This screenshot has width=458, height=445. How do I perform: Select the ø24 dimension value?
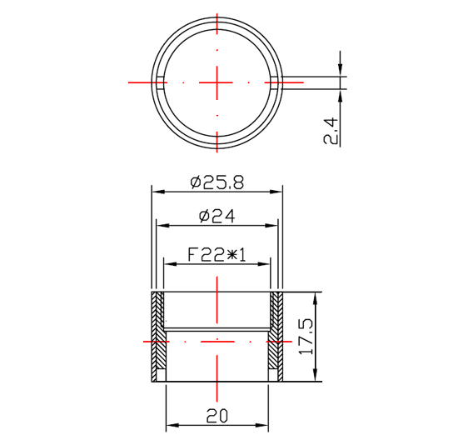click(217, 216)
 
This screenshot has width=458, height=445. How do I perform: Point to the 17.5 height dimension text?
click(306, 337)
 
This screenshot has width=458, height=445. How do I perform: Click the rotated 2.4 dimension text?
click(331, 131)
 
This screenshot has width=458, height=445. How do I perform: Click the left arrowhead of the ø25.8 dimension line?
click(154, 191)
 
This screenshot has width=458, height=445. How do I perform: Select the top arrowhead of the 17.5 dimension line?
click(316, 296)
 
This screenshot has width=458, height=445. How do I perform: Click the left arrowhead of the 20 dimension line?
click(170, 426)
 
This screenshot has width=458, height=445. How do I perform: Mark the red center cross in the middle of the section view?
click(217, 341)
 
